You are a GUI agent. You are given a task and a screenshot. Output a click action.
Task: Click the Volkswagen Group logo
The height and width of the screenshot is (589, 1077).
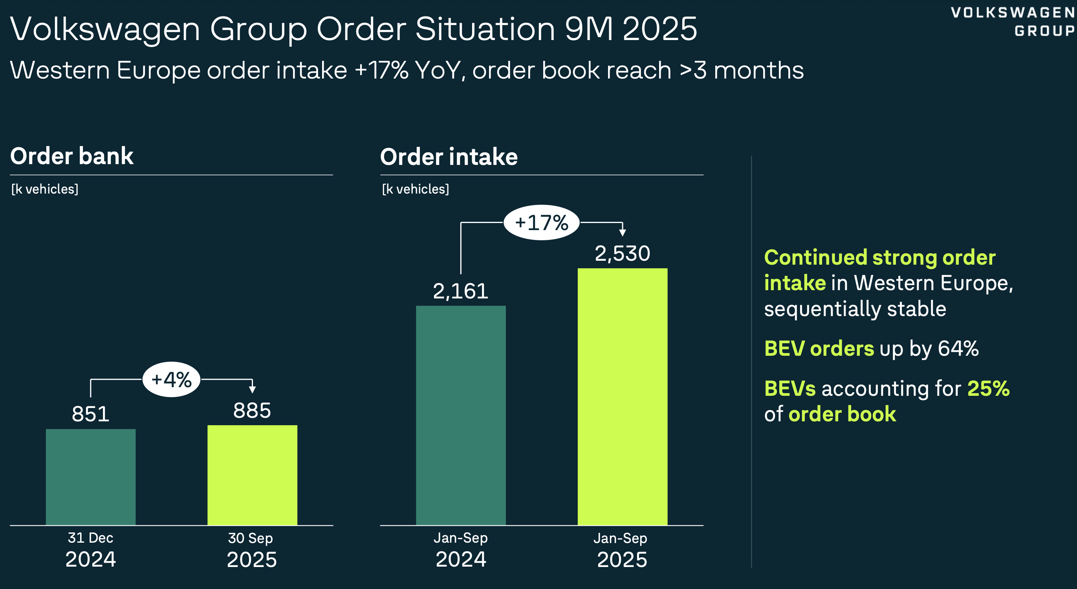click(1013, 22)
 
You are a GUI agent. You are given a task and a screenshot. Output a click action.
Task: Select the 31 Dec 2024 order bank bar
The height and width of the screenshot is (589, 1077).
click(91, 477)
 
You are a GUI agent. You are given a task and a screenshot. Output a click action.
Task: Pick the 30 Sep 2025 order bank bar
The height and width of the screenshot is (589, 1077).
click(252, 475)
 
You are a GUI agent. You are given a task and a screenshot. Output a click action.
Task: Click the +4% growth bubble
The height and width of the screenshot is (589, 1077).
click(171, 380)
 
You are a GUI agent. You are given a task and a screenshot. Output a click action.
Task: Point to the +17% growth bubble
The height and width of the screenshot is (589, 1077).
click(541, 222)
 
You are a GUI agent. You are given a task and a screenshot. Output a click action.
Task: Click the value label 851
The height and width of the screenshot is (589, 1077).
click(91, 414)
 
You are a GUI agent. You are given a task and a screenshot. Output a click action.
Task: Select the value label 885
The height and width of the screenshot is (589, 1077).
click(252, 410)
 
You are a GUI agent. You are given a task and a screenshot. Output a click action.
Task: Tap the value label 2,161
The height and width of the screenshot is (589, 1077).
click(460, 291)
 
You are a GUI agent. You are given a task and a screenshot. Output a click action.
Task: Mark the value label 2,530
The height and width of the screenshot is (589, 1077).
click(622, 253)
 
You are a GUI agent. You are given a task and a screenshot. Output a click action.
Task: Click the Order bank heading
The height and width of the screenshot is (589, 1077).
click(71, 156)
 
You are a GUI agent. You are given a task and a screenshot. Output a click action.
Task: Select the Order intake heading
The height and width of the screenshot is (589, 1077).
click(449, 157)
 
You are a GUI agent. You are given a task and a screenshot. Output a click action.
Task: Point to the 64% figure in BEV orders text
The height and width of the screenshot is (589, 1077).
click(958, 348)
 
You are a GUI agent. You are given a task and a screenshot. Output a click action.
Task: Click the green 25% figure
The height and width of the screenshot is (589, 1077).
click(988, 388)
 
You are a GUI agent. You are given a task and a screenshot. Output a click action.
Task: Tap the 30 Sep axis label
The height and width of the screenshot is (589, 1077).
click(251, 538)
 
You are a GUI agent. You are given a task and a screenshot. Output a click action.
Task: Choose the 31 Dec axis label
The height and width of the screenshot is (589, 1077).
click(90, 538)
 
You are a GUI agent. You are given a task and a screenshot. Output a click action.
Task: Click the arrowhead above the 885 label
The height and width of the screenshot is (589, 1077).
click(252, 390)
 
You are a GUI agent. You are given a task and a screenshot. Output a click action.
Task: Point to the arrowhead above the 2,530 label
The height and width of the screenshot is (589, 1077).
click(623, 232)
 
